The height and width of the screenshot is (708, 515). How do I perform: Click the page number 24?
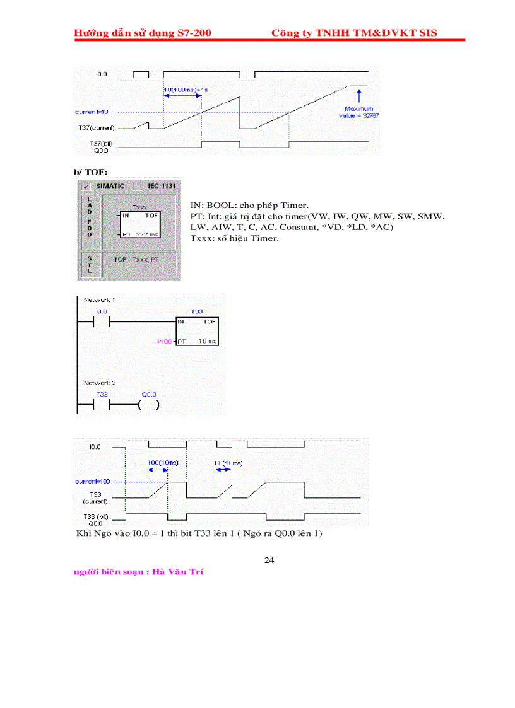pyautogui.click(x=269, y=560)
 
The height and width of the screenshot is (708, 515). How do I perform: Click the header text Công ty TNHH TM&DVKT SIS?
pyautogui.click(x=353, y=33)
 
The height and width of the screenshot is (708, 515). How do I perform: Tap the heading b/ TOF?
pyautogui.click(x=90, y=171)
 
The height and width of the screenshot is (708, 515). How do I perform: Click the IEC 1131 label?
pyautogui.click(x=162, y=187)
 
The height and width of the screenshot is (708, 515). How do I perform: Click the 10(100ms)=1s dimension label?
pyautogui.click(x=186, y=90)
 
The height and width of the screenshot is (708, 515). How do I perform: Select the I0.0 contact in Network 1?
pyautogui.click(x=101, y=323)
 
